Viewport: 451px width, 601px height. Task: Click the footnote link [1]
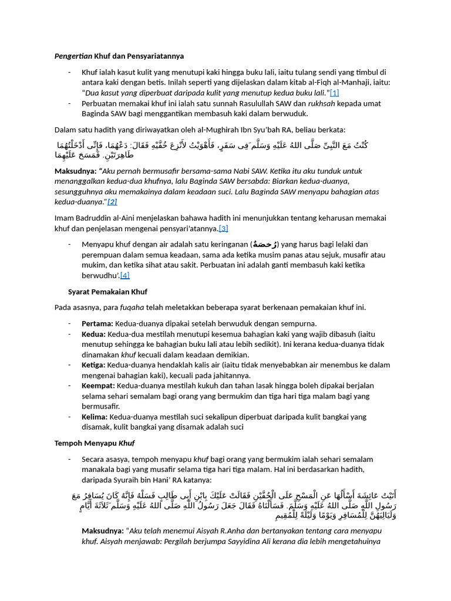[334, 93]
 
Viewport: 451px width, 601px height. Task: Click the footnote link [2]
[112, 201]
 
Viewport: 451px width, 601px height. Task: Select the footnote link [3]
[223, 228]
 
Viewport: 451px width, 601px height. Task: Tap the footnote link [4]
[124, 275]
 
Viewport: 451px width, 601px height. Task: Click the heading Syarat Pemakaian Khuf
[107, 292]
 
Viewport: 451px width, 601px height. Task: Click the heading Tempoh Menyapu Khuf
[96, 443]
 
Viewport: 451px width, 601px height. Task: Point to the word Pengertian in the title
[73, 56]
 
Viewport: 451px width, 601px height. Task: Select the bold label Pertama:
[97, 323]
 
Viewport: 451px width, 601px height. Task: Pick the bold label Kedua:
[94, 334]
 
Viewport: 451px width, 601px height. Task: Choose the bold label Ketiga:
[95, 365]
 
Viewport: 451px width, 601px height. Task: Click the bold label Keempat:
[99, 386]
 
